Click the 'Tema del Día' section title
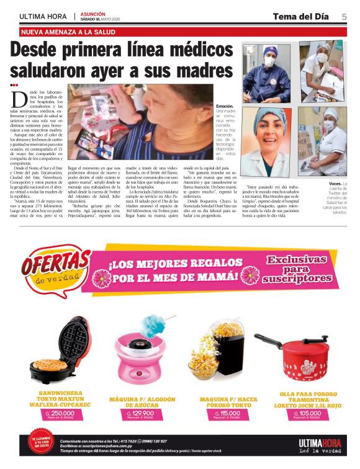tap(302, 16)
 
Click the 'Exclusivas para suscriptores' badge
tap(296, 269)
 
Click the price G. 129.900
tap(142, 414)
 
